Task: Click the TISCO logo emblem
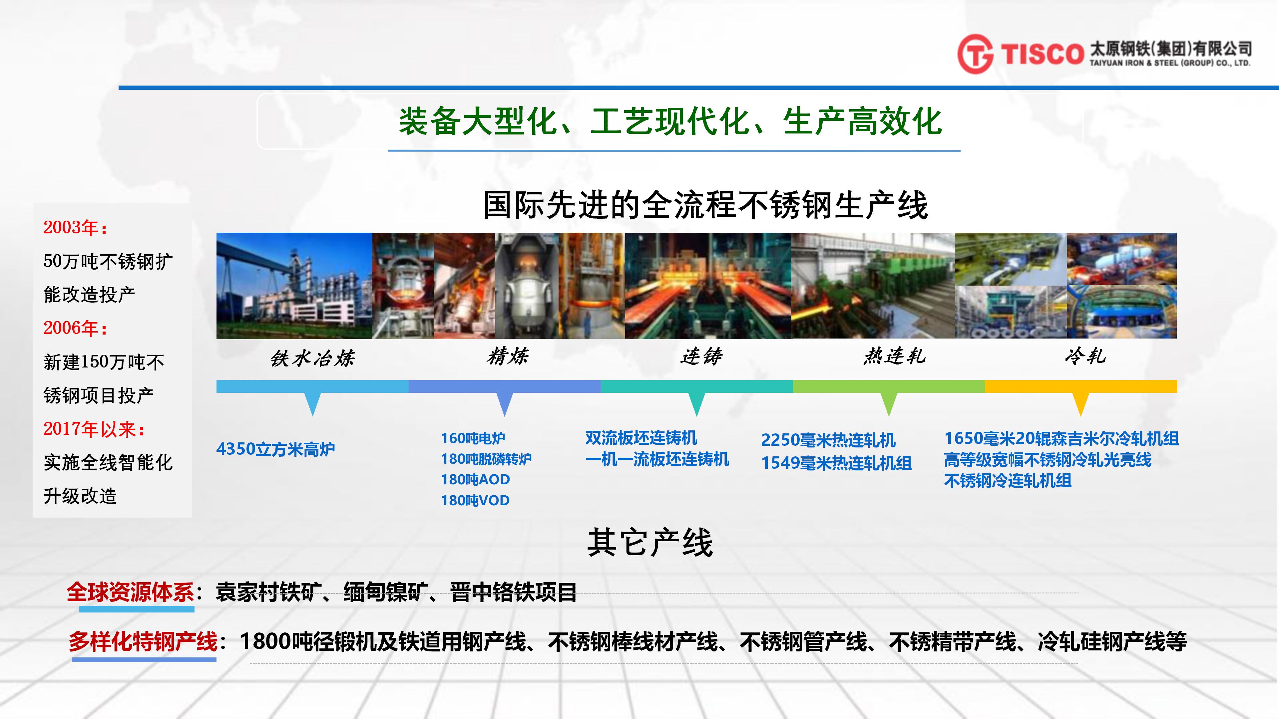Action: click(x=975, y=54)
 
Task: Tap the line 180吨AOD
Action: click(x=475, y=479)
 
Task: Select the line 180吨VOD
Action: click(x=475, y=500)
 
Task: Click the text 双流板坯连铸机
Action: click(x=641, y=438)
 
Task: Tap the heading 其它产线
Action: click(x=650, y=542)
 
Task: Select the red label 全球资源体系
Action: click(x=131, y=592)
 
